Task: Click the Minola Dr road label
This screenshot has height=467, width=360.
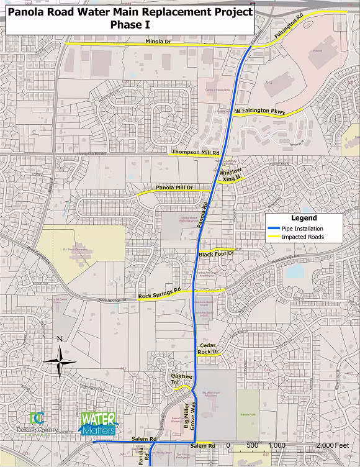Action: click(x=159, y=42)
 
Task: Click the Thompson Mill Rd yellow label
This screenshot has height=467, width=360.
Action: click(x=196, y=152)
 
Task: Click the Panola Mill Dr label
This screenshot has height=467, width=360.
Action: click(x=174, y=188)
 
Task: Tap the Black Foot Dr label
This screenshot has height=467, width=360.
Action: click(x=216, y=254)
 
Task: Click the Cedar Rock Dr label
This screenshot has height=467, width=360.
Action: click(x=208, y=348)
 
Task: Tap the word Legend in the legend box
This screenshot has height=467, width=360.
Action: click(x=304, y=218)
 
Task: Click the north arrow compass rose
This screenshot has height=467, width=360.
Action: click(x=60, y=361)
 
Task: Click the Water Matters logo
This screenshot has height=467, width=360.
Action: click(x=97, y=424)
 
